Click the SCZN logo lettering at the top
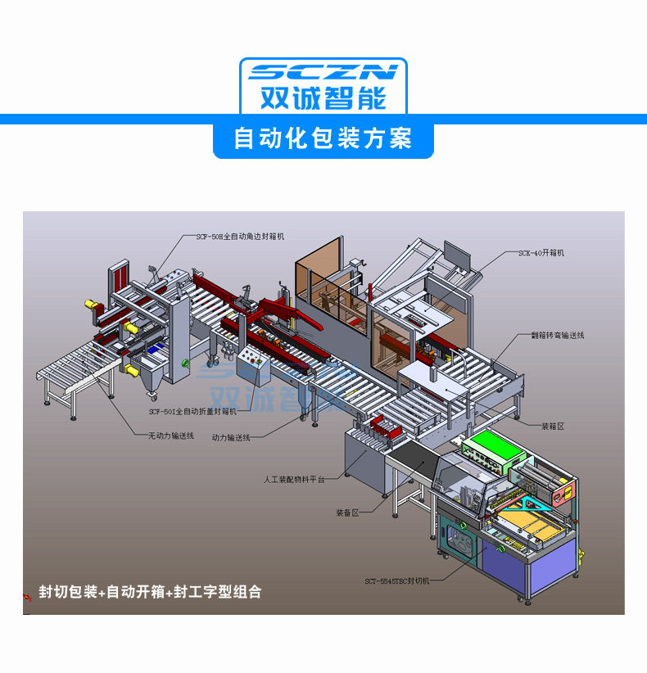pos(323,72)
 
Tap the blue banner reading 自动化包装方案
pos(323,138)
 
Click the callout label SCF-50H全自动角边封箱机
pos(239,236)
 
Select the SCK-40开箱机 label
pos(541,253)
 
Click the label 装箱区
pos(553,427)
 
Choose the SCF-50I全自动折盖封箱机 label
pos(192,411)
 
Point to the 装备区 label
pos(347,513)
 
